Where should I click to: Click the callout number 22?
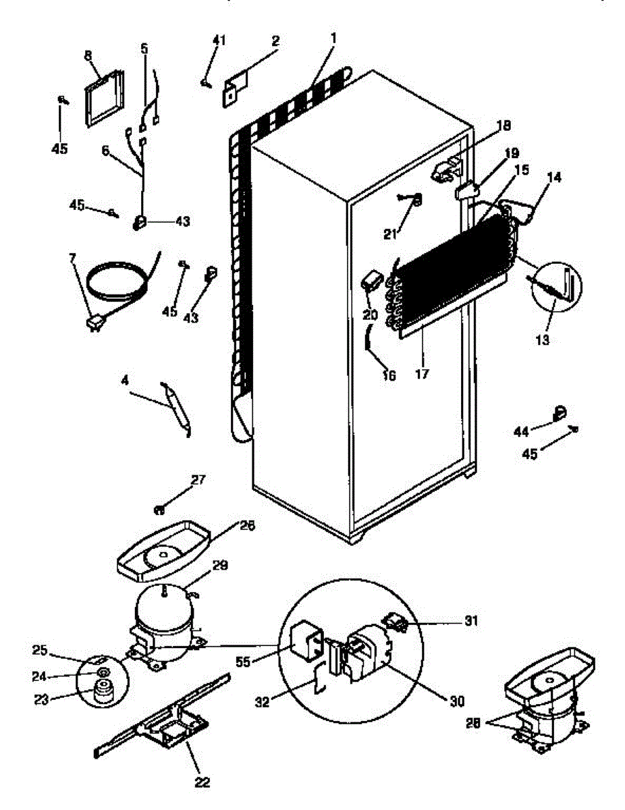pyautogui.click(x=202, y=782)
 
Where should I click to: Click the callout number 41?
pyautogui.click(x=218, y=40)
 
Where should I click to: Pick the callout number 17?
pyautogui.click(x=423, y=372)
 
